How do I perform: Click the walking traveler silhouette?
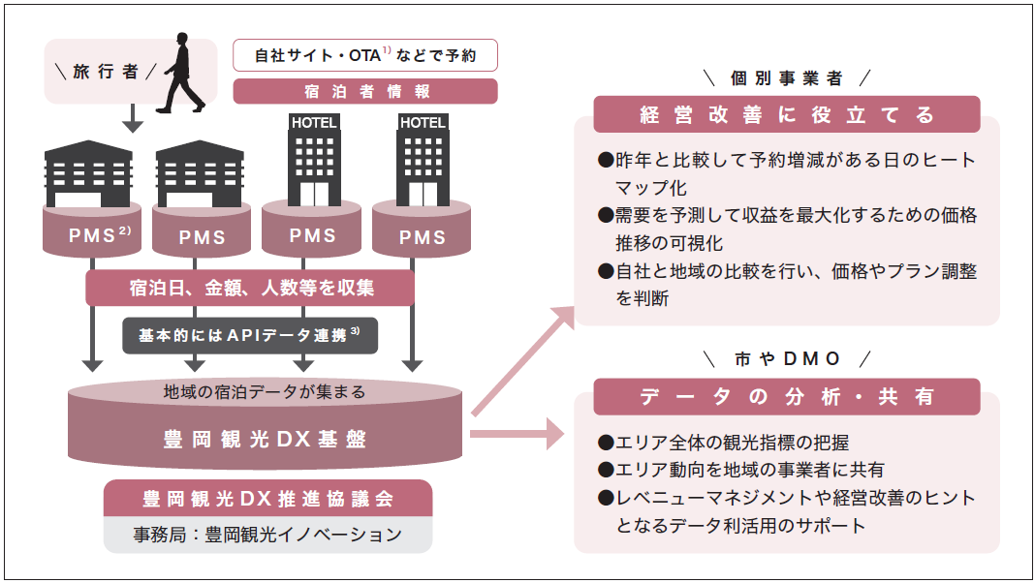click(180, 73)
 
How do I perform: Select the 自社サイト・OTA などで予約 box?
click(365, 55)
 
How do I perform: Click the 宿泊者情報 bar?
click(365, 91)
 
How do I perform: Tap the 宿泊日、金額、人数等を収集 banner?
click(251, 288)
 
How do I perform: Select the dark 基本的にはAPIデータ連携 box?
click(250, 334)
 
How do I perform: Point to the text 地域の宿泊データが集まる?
click(265, 392)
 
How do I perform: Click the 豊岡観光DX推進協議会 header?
click(267, 499)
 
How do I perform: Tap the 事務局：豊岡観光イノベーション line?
click(267, 534)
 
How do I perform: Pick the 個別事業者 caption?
click(787, 77)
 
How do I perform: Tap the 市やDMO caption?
click(787, 358)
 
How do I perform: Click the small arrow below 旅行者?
click(134, 118)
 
